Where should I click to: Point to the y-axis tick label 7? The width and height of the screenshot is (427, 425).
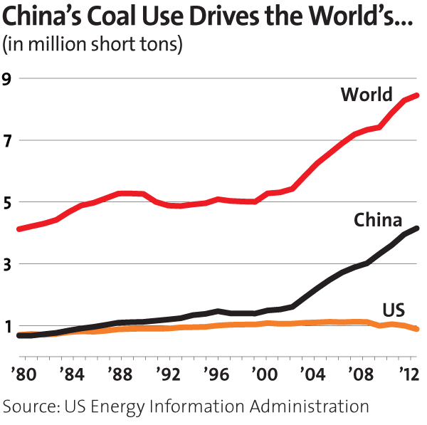pos(9,141)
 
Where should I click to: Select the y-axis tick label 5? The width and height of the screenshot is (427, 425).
pos(9,203)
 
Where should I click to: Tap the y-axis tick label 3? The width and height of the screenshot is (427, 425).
pos(9,265)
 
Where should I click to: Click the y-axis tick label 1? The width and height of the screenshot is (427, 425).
pos(9,327)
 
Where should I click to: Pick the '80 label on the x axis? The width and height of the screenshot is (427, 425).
pos(16,372)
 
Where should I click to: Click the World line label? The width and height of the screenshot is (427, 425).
pos(367,95)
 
